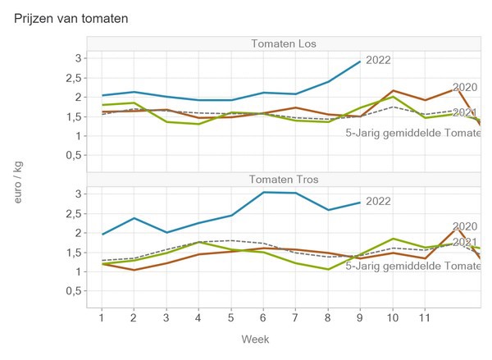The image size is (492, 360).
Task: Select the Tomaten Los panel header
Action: tap(284, 43)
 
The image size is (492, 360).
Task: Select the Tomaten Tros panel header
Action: tap(284, 179)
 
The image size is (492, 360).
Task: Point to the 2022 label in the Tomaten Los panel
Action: tap(379, 59)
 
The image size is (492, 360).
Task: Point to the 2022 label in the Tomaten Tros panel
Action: tap(379, 200)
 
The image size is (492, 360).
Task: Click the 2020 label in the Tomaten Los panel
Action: tap(465, 88)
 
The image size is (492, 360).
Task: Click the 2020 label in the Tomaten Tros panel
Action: tap(465, 226)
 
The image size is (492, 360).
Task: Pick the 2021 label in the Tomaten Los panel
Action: tap(465, 112)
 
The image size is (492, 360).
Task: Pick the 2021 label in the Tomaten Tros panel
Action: tap(465, 242)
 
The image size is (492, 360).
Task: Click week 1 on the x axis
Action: tap(101, 317)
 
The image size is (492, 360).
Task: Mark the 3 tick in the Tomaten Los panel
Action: tap(79, 58)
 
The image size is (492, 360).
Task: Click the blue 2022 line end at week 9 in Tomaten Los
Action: tap(360, 62)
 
